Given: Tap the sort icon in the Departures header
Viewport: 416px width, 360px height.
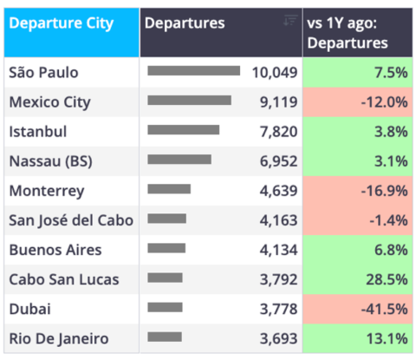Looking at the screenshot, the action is tap(290, 20).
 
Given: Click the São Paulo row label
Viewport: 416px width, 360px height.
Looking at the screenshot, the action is tap(43, 72).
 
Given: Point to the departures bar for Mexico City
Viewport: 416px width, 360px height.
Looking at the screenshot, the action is tap(189, 101).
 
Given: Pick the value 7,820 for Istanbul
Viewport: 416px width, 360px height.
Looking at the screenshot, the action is tap(278, 132).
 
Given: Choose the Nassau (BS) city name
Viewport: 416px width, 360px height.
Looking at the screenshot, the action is tap(51, 161).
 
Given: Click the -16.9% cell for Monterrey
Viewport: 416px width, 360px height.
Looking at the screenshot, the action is tap(357, 191).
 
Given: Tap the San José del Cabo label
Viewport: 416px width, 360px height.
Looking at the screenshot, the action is tap(71, 220).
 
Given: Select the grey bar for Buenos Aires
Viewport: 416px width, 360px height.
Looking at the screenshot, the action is tap(166, 248).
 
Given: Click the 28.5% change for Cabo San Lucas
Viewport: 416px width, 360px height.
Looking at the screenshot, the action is tap(357, 279).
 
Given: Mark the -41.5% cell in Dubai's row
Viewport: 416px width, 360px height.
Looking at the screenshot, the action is tap(357, 309).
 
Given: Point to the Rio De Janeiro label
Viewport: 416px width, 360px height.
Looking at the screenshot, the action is tap(59, 338).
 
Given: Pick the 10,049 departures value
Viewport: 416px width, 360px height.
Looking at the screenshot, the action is tap(275, 73).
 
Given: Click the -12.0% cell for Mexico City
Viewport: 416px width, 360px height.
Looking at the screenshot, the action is tap(357, 102).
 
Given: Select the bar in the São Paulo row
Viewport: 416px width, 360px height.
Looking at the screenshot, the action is tap(193, 71).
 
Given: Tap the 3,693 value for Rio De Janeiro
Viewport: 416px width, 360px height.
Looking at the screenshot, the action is tap(278, 338).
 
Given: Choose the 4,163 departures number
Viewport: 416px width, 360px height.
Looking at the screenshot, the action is tap(278, 220).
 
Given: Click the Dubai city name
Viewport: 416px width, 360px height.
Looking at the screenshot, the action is tap(30, 309).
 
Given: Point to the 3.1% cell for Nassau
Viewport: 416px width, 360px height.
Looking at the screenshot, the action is tap(357, 161).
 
